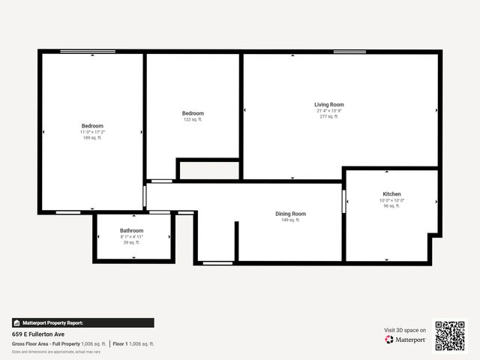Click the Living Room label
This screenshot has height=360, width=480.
pyautogui.click(x=328, y=104)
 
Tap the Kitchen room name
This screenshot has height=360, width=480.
pyautogui.click(x=391, y=193)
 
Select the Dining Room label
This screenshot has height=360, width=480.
pyautogui.click(x=289, y=214)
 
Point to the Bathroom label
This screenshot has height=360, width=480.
pyautogui.click(x=131, y=230)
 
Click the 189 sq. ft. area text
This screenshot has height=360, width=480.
pyautogui.click(x=92, y=137)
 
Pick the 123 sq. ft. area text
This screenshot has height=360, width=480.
pyautogui.click(x=193, y=119)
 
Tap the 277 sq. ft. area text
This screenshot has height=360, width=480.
pyautogui.click(x=328, y=116)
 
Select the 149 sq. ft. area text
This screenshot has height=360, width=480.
pyautogui.click(x=289, y=220)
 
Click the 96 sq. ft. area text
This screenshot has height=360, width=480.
pyautogui.click(x=391, y=205)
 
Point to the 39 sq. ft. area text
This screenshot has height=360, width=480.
pyautogui.click(x=131, y=242)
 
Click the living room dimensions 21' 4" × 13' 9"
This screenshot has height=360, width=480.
pyautogui.click(x=328, y=110)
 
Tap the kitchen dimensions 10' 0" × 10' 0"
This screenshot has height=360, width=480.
pyautogui.click(x=391, y=199)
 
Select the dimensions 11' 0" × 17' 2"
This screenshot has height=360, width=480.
pyautogui.click(x=92, y=131)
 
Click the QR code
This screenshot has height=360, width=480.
pyautogui.click(x=450, y=335)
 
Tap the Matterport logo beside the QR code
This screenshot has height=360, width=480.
pyautogui.click(x=406, y=339)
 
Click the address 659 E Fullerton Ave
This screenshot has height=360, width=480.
pyautogui.click(x=37, y=334)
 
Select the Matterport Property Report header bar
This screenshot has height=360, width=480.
pyautogui.click(x=82, y=322)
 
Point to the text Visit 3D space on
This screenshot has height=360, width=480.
pyautogui.click(x=405, y=330)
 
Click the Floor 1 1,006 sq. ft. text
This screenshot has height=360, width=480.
pyautogui.click(x=134, y=343)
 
